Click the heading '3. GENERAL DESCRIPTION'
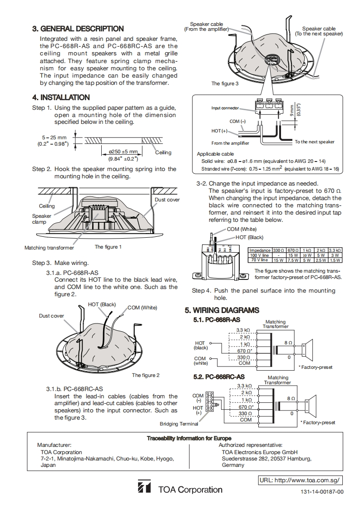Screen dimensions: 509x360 pyautogui.click(x=78, y=29)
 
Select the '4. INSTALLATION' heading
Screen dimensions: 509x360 pyautogui.click(x=61, y=97)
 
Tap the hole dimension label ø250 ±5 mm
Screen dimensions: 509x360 pyautogui.click(x=123, y=152)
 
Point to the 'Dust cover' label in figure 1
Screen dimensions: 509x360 pyautogui.click(x=167, y=200)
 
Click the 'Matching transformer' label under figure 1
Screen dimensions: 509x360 pyautogui.click(x=49, y=248)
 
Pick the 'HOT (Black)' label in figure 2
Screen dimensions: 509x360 pyautogui.click(x=102, y=304)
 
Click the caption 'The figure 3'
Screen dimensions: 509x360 pyautogui.click(x=224, y=83)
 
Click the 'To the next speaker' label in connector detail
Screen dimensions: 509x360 pyautogui.click(x=314, y=142)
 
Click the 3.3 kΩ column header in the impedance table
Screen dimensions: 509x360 pyautogui.click(x=335, y=250)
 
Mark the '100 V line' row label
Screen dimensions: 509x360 pyautogui.click(x=260, y=255)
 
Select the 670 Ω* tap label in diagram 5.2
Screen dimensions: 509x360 pyautogui.click(x=246, y=407)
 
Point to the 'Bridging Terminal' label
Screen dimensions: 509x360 pyautogui.click(x=179, y=424)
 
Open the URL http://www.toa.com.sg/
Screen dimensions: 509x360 pyautogui.click(x=300, y=480)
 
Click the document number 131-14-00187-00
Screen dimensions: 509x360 pyautogui.click(x=322, y=492)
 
